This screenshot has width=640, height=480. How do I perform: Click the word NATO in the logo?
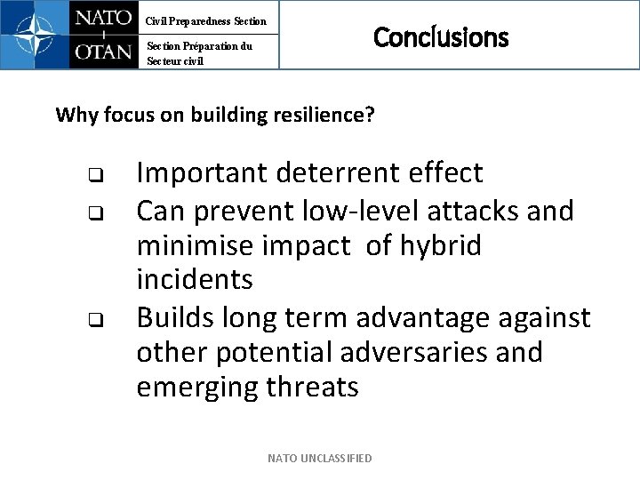tap(103, 19)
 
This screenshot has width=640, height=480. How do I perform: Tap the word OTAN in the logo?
tap(103, 52)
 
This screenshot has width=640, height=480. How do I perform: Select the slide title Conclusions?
tap(441, 37)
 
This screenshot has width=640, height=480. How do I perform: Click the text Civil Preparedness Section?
tap(205, 20)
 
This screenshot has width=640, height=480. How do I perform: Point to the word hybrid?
tap(441, 245)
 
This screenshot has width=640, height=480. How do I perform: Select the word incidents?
tap(195, 280)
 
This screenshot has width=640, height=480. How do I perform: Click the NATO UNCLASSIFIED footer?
tap(320, 458)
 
